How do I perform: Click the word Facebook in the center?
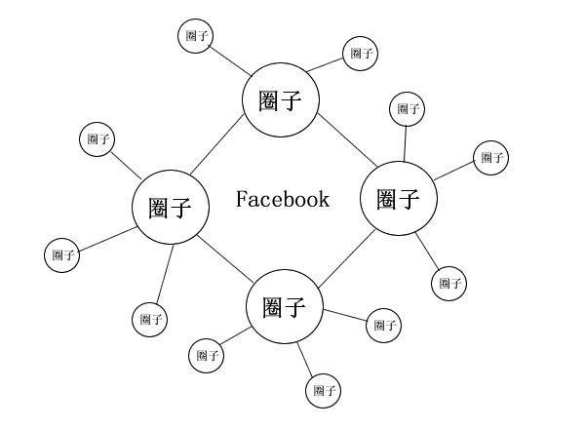pyautogui.click(x=283, y=200)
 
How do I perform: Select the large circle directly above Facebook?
pyautogui.click(x=280, y=100)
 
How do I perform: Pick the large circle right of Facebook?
pyautogui.click(x=398, y=199)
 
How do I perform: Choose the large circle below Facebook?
pyautogui.click(x=285, y=307)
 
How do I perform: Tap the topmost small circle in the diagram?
pyautogui.click(x=196, y=36)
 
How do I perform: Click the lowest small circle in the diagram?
pyautogui.click(x=324, y=392)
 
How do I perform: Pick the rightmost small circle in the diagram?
pyautogui.click(x=490, y=156)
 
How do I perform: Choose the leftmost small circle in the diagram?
pyautogui.click(x=62, y=255)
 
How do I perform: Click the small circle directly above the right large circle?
pyautogui.click(x=407, y=108)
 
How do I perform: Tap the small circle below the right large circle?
pyautogui.click(x=448, y=283)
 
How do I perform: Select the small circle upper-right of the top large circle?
pyautogui.click(x=361, y=53)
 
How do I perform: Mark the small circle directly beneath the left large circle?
pyautogui.click(x=149, y=318)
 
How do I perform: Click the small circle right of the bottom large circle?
pyautogui.click(x=383, y=325)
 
